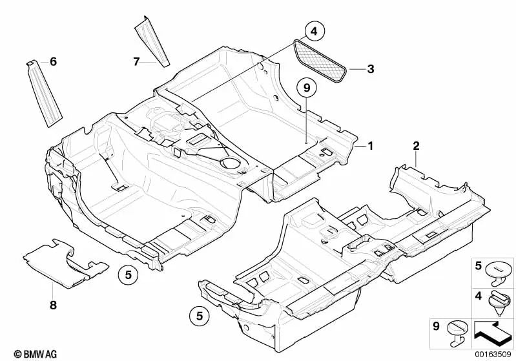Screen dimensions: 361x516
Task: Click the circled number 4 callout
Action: [313, 30]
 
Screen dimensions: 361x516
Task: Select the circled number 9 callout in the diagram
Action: [307, 87]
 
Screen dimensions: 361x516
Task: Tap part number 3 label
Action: [370, 68]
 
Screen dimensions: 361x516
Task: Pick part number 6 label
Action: [53, 62]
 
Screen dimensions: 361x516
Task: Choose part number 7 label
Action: [136, 62]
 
